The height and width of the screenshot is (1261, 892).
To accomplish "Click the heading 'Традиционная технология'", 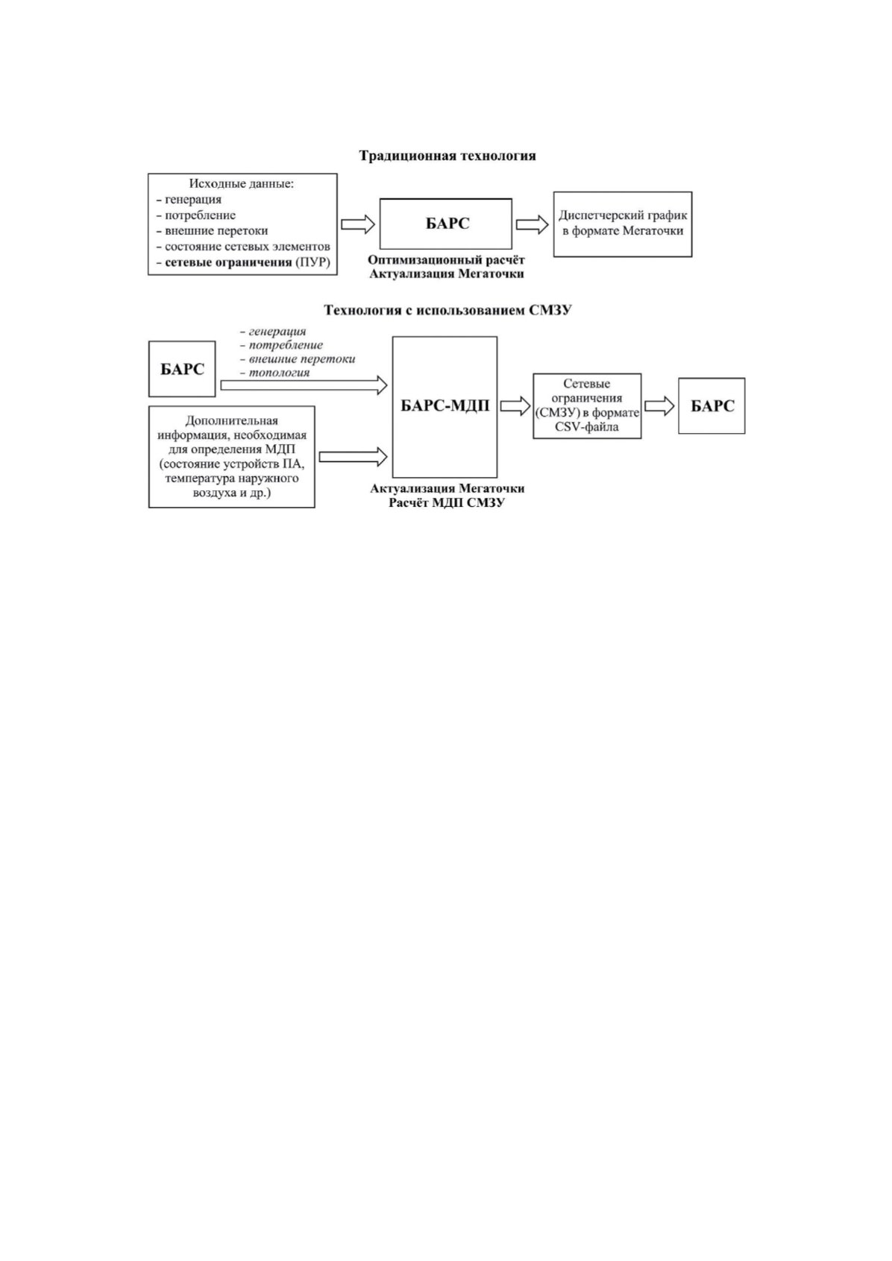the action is [x=447, y=156].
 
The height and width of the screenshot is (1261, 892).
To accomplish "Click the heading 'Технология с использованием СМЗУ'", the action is [x=447, y=310].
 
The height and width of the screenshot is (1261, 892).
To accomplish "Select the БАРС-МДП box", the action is [x=445, y=407].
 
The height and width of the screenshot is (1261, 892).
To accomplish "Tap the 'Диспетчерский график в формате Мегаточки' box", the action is [x=623, y=224].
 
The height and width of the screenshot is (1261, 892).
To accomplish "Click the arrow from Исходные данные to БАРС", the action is [x=358, y=224].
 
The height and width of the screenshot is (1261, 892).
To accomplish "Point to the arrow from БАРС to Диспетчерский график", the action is [x=532, y=224].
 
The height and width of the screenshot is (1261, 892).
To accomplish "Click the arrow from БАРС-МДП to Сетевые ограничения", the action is [x=515, y=406].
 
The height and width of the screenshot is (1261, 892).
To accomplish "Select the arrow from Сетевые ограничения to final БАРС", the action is [x=659, y=406].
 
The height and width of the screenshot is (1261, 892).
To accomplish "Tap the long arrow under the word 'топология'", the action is [x=304, y=385].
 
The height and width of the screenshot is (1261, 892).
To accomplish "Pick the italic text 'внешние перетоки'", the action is [x=302, y=359].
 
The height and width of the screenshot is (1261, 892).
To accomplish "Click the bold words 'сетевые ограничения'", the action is [x=228, y=262].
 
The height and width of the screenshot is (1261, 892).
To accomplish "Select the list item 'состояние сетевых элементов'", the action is [x=248, y=247].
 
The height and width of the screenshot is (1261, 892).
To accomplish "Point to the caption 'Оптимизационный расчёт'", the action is [x=446, y=260].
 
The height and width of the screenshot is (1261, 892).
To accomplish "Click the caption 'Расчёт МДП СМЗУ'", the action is [x=446, y=503].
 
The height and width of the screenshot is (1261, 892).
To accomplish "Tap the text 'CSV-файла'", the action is [x=587, y=427].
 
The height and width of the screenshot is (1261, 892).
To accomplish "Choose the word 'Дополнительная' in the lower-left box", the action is [x=232, y=420].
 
